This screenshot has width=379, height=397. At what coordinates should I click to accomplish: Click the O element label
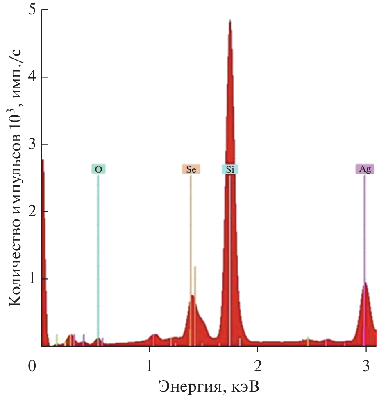[x=98, y=169]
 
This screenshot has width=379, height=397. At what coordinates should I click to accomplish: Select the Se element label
[x=191, y=169]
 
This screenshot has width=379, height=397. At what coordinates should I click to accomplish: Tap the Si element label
[x=230, y=169]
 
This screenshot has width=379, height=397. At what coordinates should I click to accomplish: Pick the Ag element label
[x=365, y=169]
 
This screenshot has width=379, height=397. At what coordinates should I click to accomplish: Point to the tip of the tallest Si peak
[x=230, y=20]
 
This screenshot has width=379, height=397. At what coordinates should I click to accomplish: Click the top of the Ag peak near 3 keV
[x=365, y=282]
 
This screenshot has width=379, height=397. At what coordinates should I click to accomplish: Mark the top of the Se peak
[x=192, y=295]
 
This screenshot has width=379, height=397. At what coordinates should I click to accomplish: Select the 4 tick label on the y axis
[x=31, y=77]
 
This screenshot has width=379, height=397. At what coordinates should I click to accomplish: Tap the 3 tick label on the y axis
[x=31, y=144]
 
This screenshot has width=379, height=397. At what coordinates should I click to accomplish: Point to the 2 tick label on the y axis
[x=31, y=212]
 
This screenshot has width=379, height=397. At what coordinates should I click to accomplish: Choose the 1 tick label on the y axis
[x=31, y=279]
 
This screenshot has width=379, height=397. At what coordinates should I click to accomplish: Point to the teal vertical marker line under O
[x=98, y=246]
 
